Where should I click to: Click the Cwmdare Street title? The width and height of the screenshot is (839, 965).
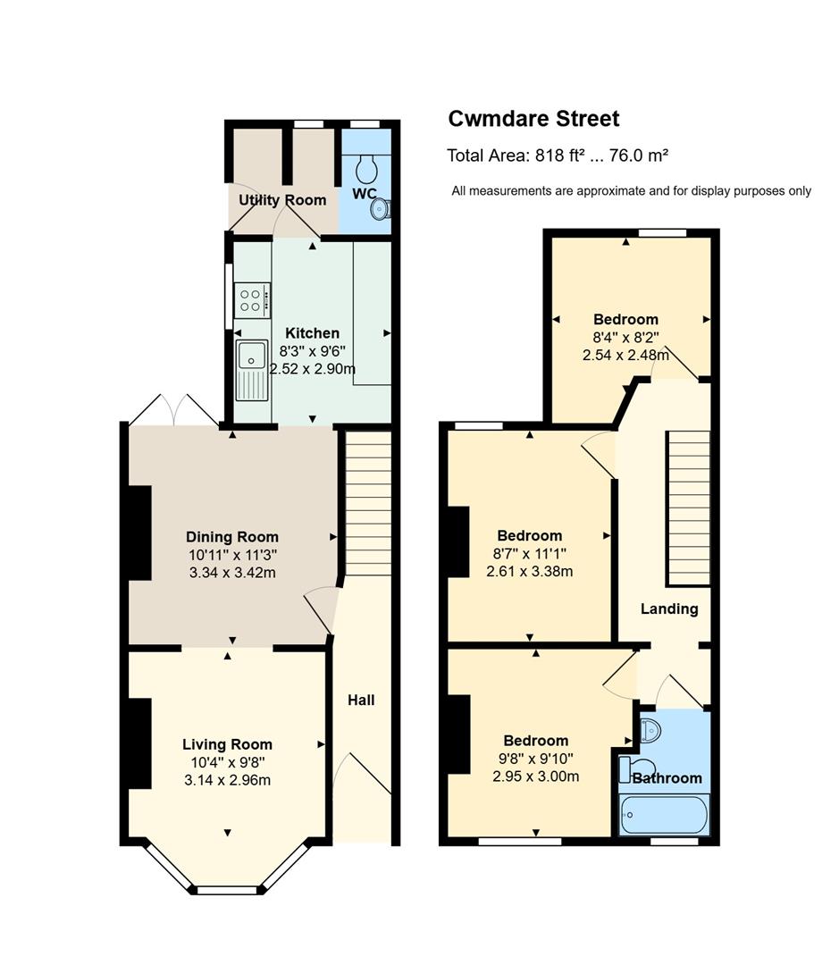click(533, 118)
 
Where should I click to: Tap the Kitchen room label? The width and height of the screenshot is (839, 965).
click(312, 333)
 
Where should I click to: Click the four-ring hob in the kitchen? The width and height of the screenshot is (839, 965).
click(252, 300)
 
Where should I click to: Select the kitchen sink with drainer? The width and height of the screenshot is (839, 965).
click(252, 370)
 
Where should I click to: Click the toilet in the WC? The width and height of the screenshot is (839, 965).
click(367, 169)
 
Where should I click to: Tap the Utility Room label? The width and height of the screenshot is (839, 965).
click(282, 200)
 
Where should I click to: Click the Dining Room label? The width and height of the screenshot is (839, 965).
click(232, 537)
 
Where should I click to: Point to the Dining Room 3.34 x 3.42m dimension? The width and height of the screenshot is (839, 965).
click(232, 573)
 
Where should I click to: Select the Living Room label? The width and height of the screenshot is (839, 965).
click(227, 744)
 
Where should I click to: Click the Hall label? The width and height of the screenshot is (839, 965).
click(361, 700)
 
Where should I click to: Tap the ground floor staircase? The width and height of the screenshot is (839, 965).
click(367, 503)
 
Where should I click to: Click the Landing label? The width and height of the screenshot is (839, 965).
click(669, 608)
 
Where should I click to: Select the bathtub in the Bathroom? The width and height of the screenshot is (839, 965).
click(664, 815)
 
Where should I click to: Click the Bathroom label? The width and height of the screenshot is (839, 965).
click(667, 778)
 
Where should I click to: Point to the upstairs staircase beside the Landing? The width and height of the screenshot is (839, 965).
click(689, 508)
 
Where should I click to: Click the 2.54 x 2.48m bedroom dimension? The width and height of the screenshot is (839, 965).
click(625, 355)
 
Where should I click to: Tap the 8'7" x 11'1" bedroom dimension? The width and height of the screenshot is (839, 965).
click(529, 553)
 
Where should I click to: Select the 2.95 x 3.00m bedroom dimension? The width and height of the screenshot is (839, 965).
click(535, 776)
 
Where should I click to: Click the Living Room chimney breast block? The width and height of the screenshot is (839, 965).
click(139, 743)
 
